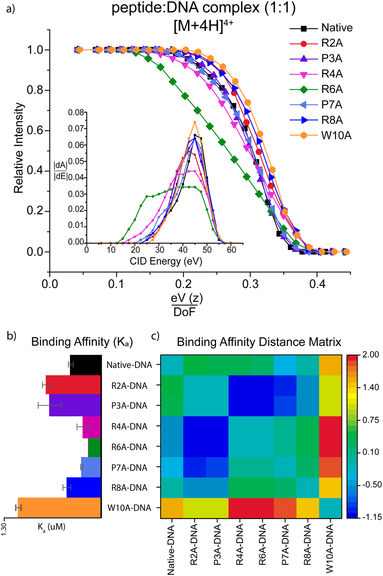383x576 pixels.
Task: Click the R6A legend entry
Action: coord(332,89)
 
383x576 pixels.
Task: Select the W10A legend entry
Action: coord(336,136)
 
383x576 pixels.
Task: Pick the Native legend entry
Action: coord(337,28)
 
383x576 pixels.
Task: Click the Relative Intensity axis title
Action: coord(19,148)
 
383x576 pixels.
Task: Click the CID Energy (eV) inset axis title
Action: coord(165,261)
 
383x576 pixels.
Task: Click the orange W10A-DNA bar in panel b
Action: coord(59,508)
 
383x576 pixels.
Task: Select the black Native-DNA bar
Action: coord(85,365)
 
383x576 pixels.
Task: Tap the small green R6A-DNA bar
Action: coord(94,447)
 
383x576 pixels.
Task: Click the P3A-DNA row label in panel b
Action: coord(129,406)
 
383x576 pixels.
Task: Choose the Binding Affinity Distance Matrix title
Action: coord(259,342)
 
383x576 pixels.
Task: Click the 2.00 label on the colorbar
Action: coord(370,355)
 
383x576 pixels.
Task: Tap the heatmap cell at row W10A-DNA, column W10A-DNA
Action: coord(330,508)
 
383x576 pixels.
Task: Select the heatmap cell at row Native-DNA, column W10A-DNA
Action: coord(330,365)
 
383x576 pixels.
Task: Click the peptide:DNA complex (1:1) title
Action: coord(203,8)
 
